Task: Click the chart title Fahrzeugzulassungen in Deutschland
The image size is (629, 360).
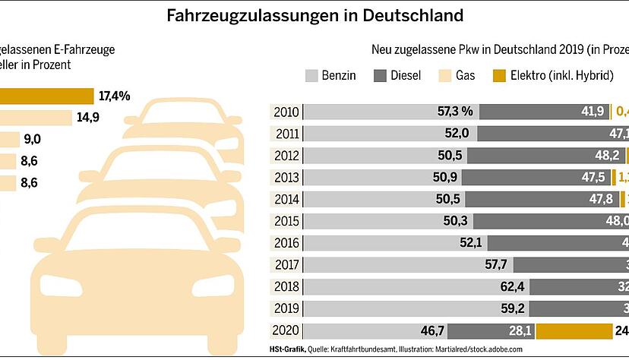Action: coord(314,15)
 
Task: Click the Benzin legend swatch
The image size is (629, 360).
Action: coord(311,76)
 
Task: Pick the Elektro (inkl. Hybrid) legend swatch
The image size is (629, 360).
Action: coord(499,76)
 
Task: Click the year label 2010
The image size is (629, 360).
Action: coord(286,112)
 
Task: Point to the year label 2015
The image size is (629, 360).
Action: coord(286,221)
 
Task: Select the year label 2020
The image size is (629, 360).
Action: coord(286,331)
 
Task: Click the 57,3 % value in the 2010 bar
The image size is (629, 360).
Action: coord(455,112)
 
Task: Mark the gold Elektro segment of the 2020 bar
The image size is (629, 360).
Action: coord(574,331)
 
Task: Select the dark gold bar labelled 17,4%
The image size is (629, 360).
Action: coord(46,96)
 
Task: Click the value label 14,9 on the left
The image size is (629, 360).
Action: coord(88,118)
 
